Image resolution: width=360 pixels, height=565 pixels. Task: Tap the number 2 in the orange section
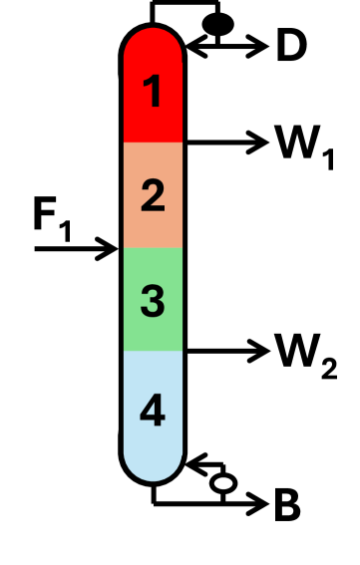point(153,195)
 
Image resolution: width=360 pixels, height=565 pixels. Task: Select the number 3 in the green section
point(153,299)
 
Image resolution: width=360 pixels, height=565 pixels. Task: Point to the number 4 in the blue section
point(153,411)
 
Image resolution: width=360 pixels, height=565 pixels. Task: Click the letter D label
point(291,47)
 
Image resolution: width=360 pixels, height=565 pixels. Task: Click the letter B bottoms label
point(287,507)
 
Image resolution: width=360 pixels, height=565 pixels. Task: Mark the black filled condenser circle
point(217,23)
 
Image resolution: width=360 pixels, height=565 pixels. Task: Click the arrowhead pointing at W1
point(261,142)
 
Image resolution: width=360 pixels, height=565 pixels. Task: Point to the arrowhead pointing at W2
point(261,350)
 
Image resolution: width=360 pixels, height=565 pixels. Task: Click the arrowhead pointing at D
point(260,45)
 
